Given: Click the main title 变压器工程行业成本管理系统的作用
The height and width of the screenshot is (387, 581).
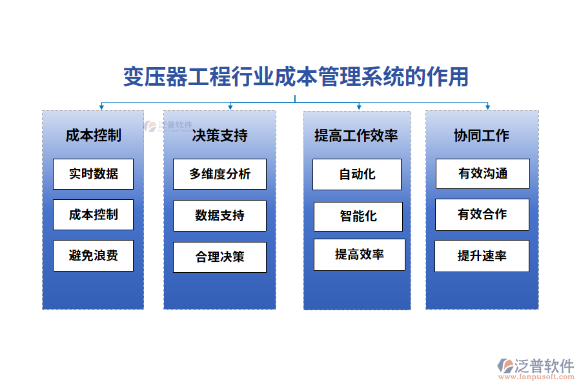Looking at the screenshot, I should (x=296, y=77).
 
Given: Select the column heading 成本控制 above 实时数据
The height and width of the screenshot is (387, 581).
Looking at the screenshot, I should (x=93, y=135).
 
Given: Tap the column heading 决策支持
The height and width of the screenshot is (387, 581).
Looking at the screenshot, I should (x=219, y=135).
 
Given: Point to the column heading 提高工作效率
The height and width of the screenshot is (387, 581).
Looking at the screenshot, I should (x=356, y=135).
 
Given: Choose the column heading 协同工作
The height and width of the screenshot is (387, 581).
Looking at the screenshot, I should (x=482, y=135).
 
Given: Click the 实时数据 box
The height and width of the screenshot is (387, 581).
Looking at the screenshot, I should (x=94, y=174).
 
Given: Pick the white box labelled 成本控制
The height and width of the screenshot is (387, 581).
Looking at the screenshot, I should (x=94, y=215).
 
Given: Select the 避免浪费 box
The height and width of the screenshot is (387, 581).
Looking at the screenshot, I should (x=94, y=255).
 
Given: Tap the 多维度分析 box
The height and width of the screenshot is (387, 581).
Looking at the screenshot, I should (x=219, y=174).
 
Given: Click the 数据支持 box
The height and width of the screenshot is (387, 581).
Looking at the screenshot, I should (x=219, y=215).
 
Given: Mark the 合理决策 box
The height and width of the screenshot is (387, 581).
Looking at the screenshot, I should (x=219, y=257).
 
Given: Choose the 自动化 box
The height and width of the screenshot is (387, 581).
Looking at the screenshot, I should (x=357, y=174).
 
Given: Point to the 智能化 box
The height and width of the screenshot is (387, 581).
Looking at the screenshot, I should (x=358, y=217).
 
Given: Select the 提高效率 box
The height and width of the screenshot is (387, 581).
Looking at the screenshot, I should (x=360, y=254).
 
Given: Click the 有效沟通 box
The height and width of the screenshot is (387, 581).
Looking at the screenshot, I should (x=483, y=174).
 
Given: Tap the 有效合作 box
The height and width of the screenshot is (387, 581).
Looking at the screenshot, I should (x=482, y=215).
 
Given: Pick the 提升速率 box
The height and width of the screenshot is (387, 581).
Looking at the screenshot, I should (x=482, y=256).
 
